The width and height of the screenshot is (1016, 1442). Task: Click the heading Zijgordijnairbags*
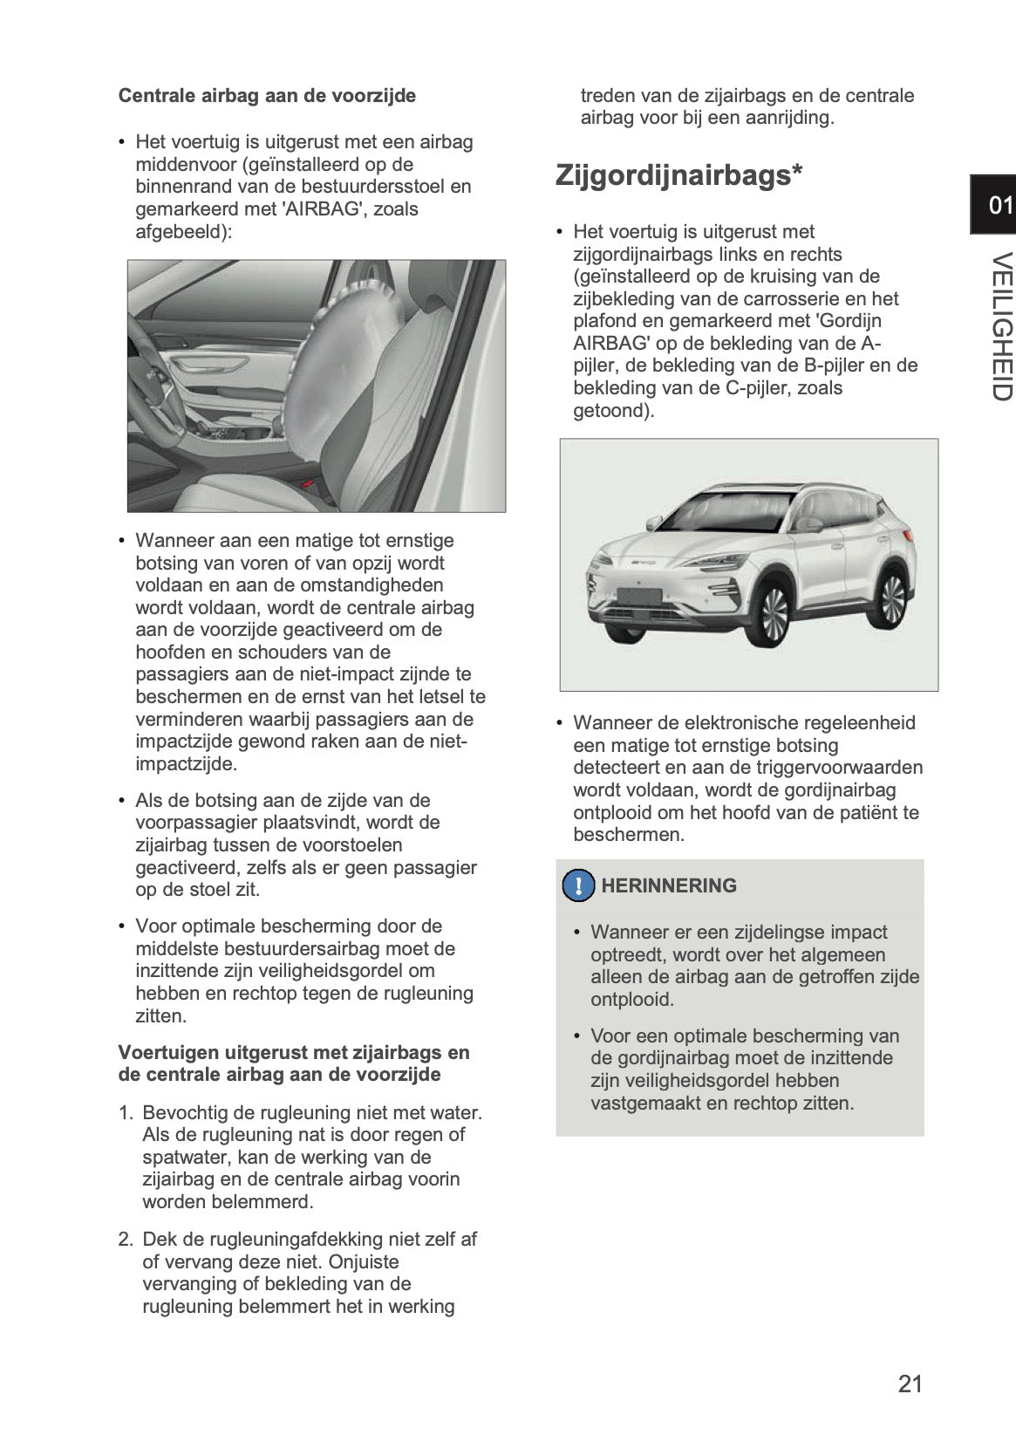(678, 174)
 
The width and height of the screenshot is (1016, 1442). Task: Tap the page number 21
(910, 1384)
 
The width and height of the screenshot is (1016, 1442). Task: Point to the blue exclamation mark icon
(577, 885)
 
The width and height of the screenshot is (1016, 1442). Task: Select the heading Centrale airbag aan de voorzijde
(267, 95)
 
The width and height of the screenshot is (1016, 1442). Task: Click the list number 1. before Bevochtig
(126, 1112)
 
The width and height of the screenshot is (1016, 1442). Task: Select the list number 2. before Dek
(126, 1239)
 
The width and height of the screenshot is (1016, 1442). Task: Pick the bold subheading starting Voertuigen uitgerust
(294, 1063)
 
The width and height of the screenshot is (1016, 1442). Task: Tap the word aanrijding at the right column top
(788, 118)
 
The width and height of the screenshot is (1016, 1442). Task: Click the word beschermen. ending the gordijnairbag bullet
(628, 835)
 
